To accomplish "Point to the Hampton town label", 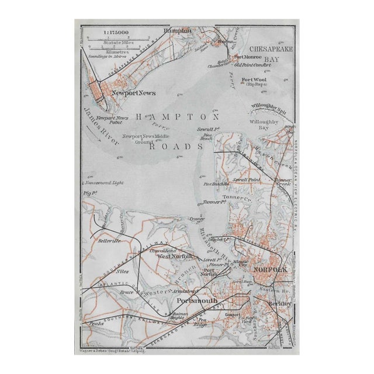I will pyautogui.click(x=178, y=30).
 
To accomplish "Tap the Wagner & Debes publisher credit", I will pyautogui.click(x=117, y=352).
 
